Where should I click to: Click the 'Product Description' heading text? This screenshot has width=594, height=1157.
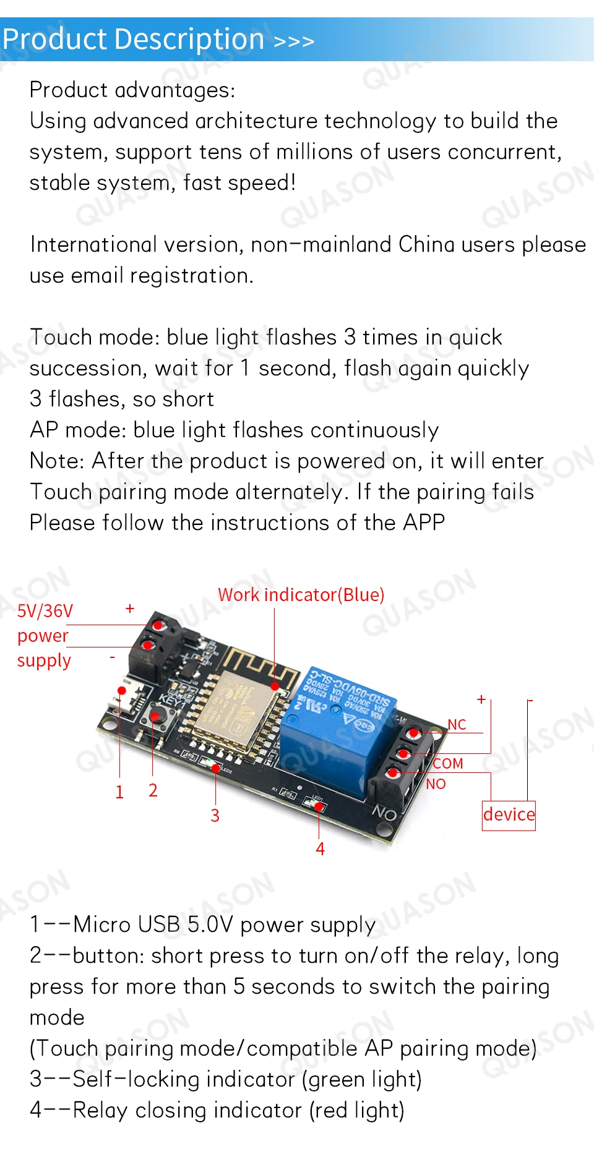pos(134,40)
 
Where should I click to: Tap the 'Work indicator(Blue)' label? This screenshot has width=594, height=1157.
pos(301,595)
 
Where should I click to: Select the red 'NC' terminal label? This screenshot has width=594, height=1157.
pos(457,725)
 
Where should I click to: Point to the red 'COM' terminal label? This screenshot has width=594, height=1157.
pos(448,764)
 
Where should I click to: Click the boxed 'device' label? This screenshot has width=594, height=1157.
pos(509,814)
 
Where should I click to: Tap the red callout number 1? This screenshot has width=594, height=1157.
pos(119,792)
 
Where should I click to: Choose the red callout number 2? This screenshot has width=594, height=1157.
pos(153,790)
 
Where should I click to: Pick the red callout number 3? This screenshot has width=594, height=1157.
pos(215,816)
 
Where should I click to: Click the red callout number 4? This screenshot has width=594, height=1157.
pos(320,849)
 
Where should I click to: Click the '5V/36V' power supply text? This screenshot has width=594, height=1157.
pos(45,612)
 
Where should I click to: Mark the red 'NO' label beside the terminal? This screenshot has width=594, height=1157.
pos(436,784)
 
